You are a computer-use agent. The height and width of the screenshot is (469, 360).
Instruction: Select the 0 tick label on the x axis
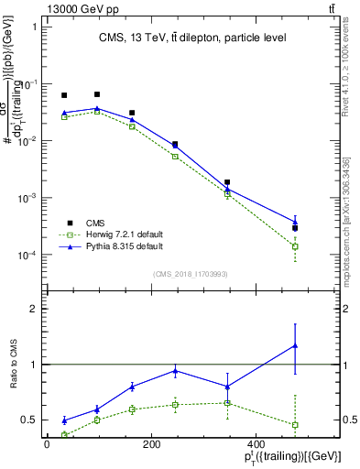tap(47, 445)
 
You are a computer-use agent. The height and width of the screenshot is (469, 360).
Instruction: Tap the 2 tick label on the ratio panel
tap(32, 309)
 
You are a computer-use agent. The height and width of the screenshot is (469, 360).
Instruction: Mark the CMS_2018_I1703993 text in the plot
tap(190, 273)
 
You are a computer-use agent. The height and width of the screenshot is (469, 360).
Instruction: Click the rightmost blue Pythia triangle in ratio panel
tap(295, 345)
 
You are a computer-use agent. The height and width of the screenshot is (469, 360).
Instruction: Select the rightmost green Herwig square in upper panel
tap(295, 246)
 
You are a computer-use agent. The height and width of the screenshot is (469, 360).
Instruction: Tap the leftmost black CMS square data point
tap(64, 95)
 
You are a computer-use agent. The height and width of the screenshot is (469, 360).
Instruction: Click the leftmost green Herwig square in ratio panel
tap(64, 435)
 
